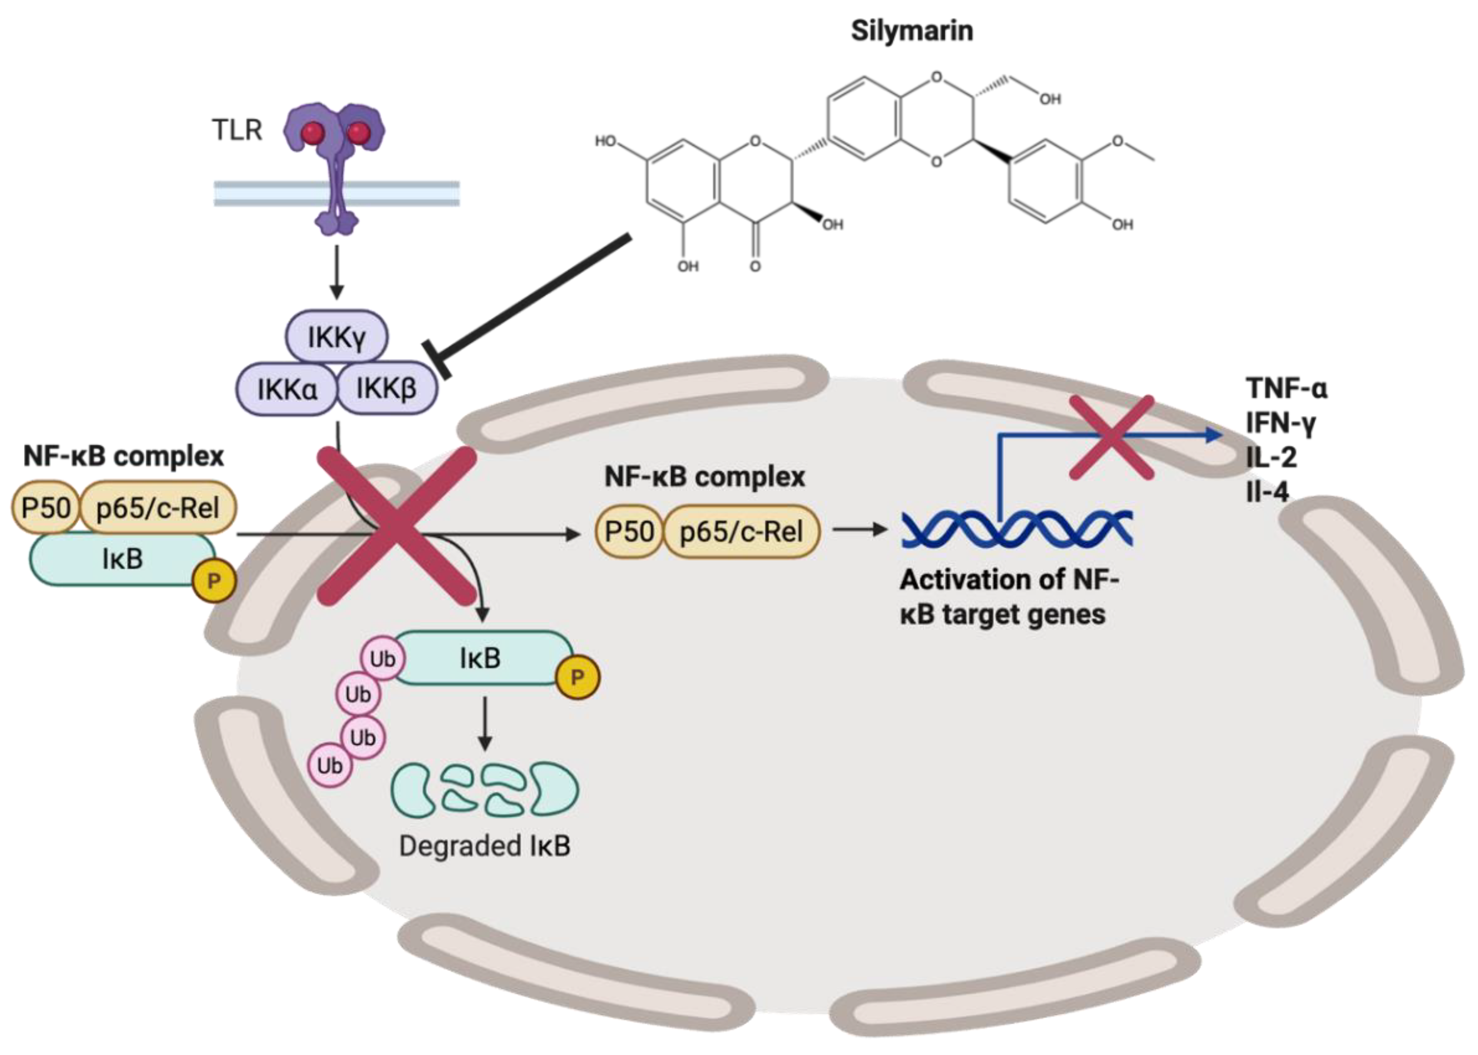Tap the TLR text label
236,130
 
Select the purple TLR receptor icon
335,162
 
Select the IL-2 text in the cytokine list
1271,458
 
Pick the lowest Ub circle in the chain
330,766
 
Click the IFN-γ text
1280,423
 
